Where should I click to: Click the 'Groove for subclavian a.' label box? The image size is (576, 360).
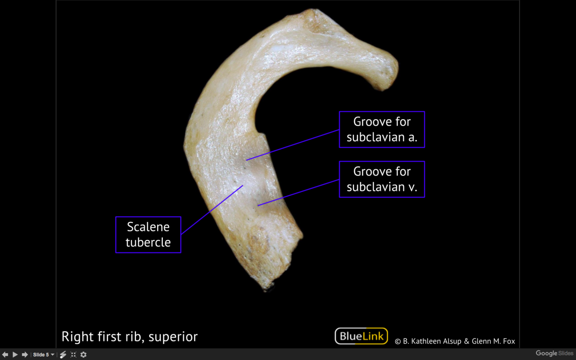click(382, 129)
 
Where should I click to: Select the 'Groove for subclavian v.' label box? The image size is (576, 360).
click(382, 179)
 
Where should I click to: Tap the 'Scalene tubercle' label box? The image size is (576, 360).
click(148, 234)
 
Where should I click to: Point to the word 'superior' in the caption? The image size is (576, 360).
click(173, 337)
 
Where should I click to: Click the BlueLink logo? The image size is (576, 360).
click(361, 336)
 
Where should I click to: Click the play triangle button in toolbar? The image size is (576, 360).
click(15, 354)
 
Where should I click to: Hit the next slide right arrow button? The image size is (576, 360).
click(25, 354)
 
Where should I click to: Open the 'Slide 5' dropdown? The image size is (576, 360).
click(44, 355)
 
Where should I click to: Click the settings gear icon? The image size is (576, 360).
click(83, 355)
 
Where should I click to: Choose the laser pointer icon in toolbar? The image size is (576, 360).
click(63, 355)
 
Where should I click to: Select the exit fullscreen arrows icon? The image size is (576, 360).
click(73, 355)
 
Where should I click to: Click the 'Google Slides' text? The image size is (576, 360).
click(554, 354)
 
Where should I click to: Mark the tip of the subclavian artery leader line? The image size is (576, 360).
click(247, 160)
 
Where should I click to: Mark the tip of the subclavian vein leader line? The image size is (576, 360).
click(258, 205)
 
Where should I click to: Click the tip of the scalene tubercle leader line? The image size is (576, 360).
click(243, 186)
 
